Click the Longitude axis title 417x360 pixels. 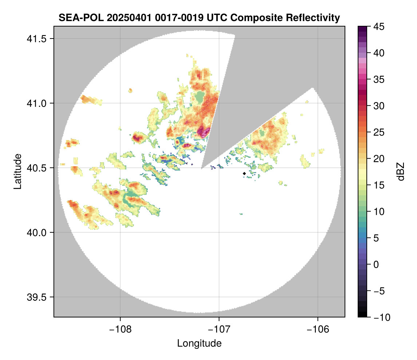(x=199, y=343)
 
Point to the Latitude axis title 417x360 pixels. (x=17, y=171)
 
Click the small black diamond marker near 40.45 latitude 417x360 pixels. (x=244, y=173)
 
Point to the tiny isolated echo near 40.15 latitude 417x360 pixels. (x=241, y=213)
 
